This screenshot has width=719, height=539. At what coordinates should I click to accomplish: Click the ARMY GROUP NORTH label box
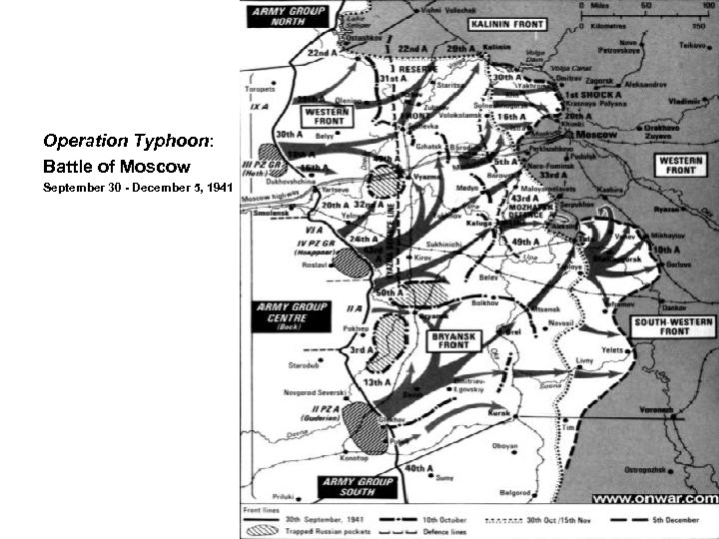coord(283,17)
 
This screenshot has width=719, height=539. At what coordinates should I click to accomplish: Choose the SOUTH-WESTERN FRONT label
coord(675,324)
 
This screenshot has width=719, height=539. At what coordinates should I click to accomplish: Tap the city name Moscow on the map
coord(598,134)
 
